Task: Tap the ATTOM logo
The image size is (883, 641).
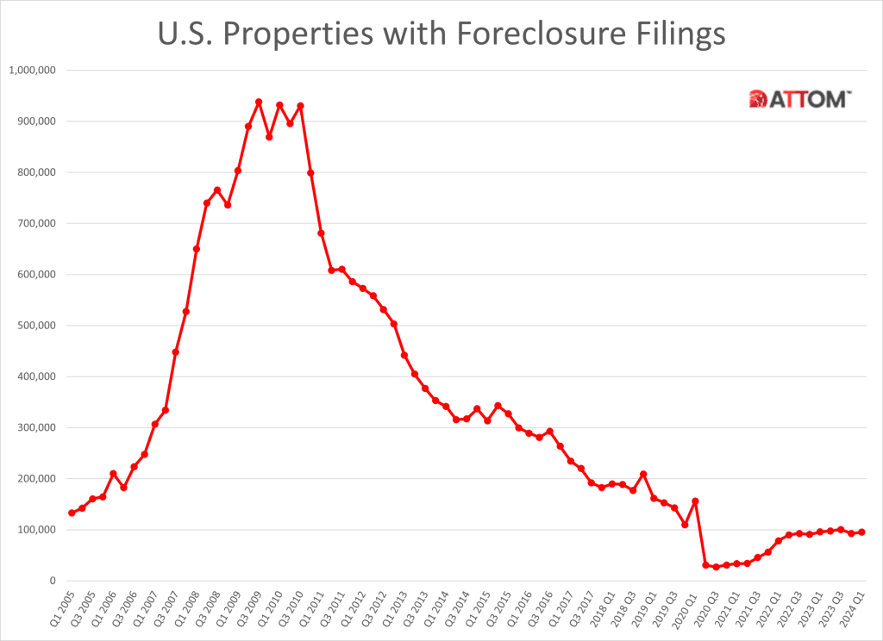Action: pos(801,99)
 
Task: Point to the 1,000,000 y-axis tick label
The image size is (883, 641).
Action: pos(32,70)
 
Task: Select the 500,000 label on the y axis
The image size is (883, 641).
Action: pos(37,326)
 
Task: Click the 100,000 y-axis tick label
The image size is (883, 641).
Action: pos(37,530)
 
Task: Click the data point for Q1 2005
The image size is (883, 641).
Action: pos(72,513)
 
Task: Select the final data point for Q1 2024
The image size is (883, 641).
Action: pos(861,532)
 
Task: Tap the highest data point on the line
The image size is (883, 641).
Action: pos(259,102)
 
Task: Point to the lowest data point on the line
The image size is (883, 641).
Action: pos(716,567)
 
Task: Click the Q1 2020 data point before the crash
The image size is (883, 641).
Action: pos(695,501)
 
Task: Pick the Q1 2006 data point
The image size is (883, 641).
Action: pos(113,474)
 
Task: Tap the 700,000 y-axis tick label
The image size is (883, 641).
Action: pos(37,223)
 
